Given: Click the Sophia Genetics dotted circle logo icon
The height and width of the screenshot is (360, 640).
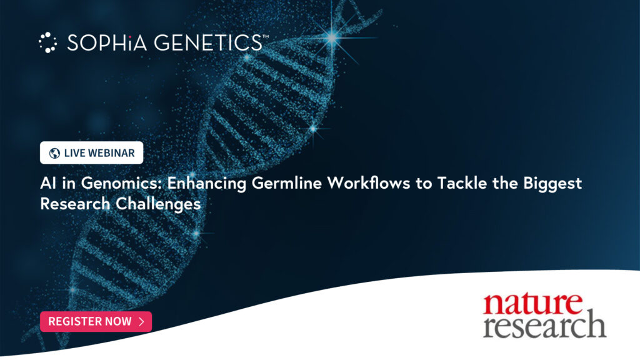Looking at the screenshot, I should (47, 42).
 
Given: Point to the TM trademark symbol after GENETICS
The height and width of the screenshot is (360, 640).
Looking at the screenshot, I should (266, 37).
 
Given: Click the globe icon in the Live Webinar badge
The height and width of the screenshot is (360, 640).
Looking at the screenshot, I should (54, 153).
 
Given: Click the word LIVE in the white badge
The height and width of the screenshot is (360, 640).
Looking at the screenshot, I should (74, 153).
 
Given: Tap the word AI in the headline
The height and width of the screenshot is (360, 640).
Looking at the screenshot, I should (47, 184).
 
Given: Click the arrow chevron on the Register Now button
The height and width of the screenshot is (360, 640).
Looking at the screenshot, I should (141, 321).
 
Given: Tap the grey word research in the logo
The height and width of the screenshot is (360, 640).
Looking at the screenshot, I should (544, 326).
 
